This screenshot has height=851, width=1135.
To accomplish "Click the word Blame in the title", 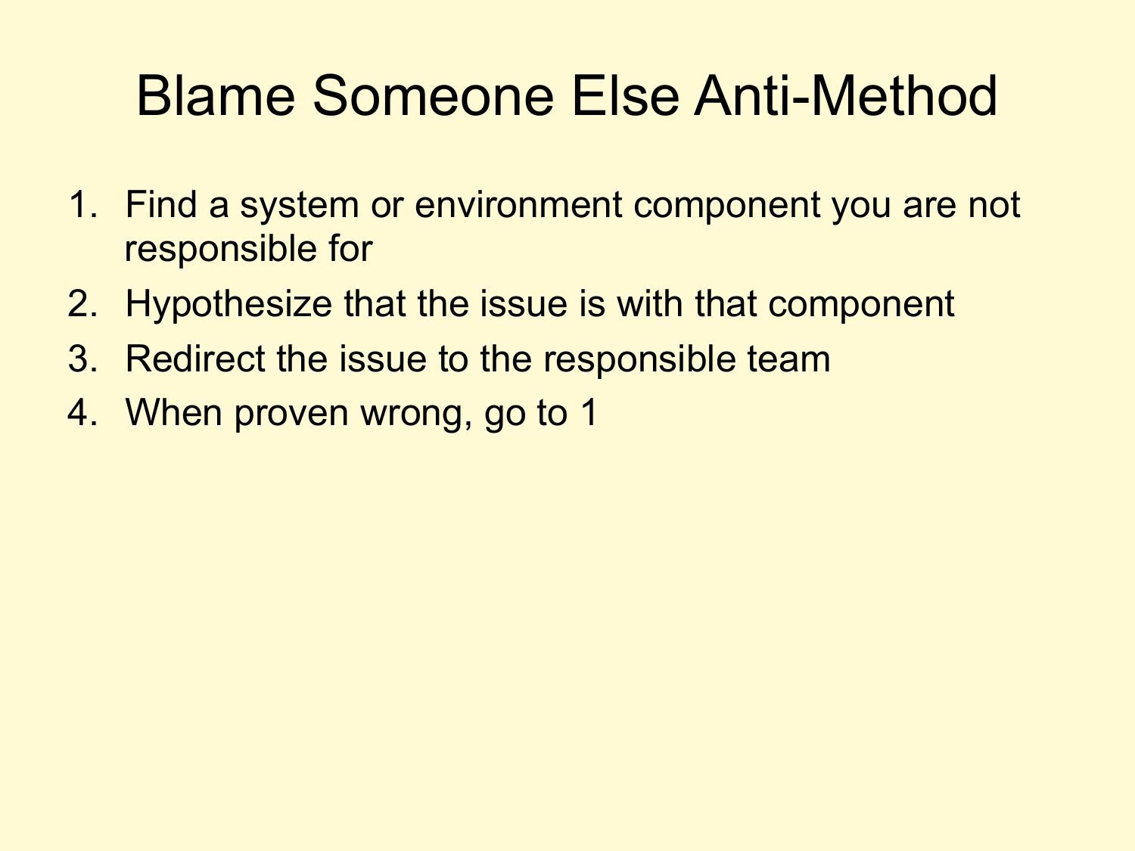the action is [216, 95].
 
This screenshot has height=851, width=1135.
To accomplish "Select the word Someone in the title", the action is [434, 95].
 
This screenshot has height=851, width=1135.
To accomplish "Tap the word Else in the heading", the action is [625, 95].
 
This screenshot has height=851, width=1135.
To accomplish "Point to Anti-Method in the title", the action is [845, 95].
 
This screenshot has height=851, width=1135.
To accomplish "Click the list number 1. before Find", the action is [82, 204].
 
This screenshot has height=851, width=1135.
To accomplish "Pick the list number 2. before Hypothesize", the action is [82, 304].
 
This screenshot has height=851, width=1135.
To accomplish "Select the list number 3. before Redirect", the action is [82, 359].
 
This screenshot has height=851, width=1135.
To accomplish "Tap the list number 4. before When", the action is [82, 413].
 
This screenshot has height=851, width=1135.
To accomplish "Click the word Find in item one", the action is [161, 204].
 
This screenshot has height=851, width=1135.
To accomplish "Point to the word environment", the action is [518, 204].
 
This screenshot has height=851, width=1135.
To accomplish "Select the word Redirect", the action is [195, 359].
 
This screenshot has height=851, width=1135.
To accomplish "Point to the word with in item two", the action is [650, 304].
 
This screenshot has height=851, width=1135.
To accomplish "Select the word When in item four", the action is [174, 413].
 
